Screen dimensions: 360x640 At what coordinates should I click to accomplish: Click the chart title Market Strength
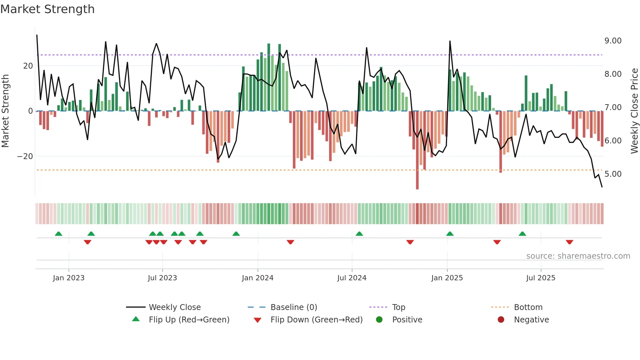pos(47,9)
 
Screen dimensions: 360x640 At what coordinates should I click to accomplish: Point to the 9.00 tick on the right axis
pos(613,41)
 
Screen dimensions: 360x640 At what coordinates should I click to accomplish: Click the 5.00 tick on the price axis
pos(613,174)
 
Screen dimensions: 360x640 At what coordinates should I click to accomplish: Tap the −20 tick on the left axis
pos(25,156)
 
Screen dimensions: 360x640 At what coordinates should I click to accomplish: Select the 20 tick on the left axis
pos(28,66)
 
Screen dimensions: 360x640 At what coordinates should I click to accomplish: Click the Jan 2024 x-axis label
pos(257,278)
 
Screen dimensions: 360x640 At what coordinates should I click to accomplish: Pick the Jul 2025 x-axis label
pos(540,278)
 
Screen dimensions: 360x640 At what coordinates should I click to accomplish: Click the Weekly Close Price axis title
pos(634,111)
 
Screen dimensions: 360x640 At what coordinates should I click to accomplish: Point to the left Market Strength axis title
pos(6,111)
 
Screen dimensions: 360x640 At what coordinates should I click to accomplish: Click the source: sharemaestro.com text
pos(578,256)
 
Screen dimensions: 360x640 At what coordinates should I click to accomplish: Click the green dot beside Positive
pos(379,319)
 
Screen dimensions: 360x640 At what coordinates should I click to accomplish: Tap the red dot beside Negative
pos(501,319)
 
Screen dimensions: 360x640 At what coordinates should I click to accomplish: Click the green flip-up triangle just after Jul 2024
pos(359,234)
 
